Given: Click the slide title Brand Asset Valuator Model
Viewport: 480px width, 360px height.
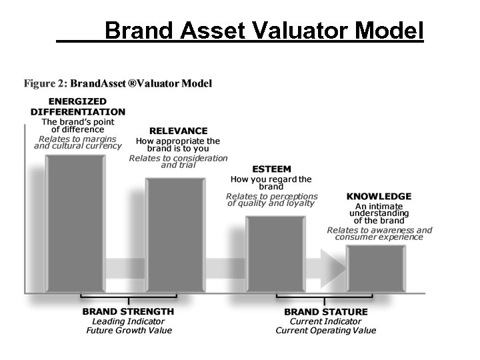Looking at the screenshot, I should tap(264, 30).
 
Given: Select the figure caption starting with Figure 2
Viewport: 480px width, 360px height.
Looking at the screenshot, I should tap(118, 84).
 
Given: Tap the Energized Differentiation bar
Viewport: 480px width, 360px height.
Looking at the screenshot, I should tap(75, 223).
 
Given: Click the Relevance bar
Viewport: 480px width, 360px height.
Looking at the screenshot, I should tap(175, 235).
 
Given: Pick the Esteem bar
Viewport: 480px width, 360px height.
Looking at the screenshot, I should tap(275, 254).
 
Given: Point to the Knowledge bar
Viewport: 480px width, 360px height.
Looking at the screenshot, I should tap(376, 268).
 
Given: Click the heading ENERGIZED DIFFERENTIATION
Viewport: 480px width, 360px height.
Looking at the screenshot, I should tap(78, 107).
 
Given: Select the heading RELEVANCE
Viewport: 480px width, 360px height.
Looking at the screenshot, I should tap(178, 131).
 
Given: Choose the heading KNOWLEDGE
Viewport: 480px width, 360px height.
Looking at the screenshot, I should tap(379, 197).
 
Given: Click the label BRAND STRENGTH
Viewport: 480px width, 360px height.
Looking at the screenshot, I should tap(128, 311).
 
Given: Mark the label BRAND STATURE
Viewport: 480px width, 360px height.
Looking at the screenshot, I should tap(326, 311).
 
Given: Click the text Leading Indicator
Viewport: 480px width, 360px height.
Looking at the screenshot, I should tap(129, 321).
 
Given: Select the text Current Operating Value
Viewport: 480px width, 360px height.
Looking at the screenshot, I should tap(326, 330).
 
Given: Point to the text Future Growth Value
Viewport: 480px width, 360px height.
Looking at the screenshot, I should tap(129, 330).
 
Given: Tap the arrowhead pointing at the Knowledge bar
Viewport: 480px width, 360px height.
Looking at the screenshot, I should tap(333, 268).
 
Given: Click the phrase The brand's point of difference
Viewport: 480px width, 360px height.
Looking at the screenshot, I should tap(78, 126).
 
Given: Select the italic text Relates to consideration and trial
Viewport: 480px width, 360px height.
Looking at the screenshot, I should tap(178, 161).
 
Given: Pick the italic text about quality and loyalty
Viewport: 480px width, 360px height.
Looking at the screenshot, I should tap(271, 200).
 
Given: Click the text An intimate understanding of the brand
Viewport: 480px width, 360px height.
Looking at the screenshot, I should tap(379, 213).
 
